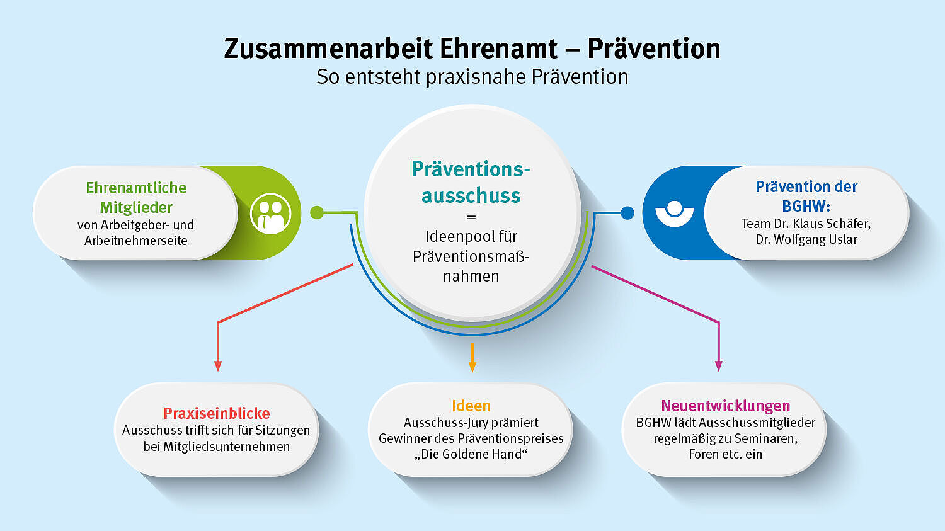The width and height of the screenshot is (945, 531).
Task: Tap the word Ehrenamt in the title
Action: point(499,49)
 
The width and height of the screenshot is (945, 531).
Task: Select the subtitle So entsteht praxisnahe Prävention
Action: point(472,77)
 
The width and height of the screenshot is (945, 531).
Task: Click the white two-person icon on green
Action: point(270,214)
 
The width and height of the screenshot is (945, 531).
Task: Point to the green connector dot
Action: point(317,212)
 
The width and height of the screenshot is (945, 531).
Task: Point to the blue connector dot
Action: point(627,213)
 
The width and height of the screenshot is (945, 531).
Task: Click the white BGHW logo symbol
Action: point(674,214)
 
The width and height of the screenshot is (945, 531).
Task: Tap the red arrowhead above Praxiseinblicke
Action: point(218,366)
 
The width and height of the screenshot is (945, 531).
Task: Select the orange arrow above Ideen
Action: point(472,358)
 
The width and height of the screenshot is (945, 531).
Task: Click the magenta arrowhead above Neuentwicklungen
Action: point(719,366)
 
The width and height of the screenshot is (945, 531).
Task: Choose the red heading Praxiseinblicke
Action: point(217,413)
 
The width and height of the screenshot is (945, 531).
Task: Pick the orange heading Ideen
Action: point(471,406)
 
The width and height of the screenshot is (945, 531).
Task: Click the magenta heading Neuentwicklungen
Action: point(726,406)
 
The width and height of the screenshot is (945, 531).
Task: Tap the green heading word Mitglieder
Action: point(136,207)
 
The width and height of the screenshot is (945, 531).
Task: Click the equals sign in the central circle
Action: point(471,217)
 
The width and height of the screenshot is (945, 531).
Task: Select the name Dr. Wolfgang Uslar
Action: point(806,239)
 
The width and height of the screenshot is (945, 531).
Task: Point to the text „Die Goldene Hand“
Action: point(471,454)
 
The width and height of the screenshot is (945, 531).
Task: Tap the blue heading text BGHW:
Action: point(806,206)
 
